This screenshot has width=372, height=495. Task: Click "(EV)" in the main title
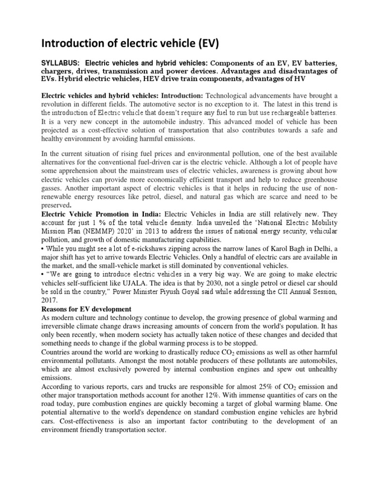coord(204,45)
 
